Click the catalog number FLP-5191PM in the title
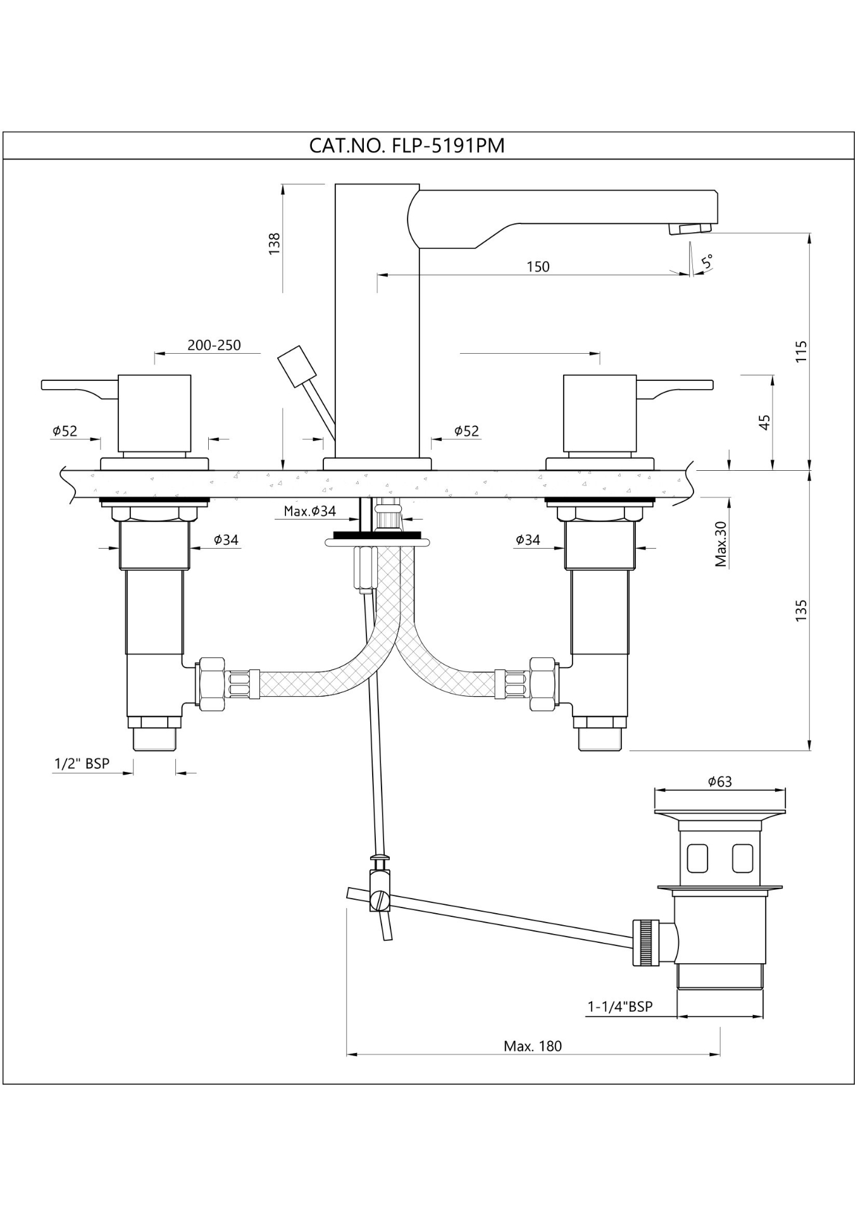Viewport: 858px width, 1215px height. pyautogui.click(x=448, y=146)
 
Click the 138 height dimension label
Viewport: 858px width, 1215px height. pyautogui.click(x=275, y=244)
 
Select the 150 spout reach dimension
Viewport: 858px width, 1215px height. pyautogui.click(x=538, y=266)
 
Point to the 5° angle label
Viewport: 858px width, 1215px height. pyautogui.click(x=708, y=261)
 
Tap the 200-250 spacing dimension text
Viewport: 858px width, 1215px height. pyautogui.click(x=214, y=345)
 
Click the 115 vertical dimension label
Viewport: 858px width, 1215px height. pyautogui.click(x=802, y=352)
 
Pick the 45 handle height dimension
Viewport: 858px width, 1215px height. pyautogui.click(x=764, y=422)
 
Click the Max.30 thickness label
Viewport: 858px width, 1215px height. pyautogui.click(x=721, y=543)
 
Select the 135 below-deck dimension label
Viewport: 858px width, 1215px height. pyautogui.click(x=802, y=611)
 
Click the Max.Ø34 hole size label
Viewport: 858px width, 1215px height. pyautogui.click(x=309, y=511)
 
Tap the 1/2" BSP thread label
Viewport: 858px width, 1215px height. pyautogui.click(x=82, y=764)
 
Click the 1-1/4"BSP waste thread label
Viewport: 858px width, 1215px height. pyautogui.click(x=619, y=1006)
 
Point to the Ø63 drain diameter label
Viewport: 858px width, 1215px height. pyautogui.click(x=719, y=782)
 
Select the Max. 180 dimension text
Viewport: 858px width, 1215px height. pyautogui.click(x=532, y=1046)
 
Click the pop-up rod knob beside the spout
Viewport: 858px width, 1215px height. pyautogui.click(x=296, y=366)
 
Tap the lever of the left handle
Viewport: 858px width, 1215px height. pyautogui.click(x=73, y=386)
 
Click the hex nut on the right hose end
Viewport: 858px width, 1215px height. pyautogui.click(x=542, y=684)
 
